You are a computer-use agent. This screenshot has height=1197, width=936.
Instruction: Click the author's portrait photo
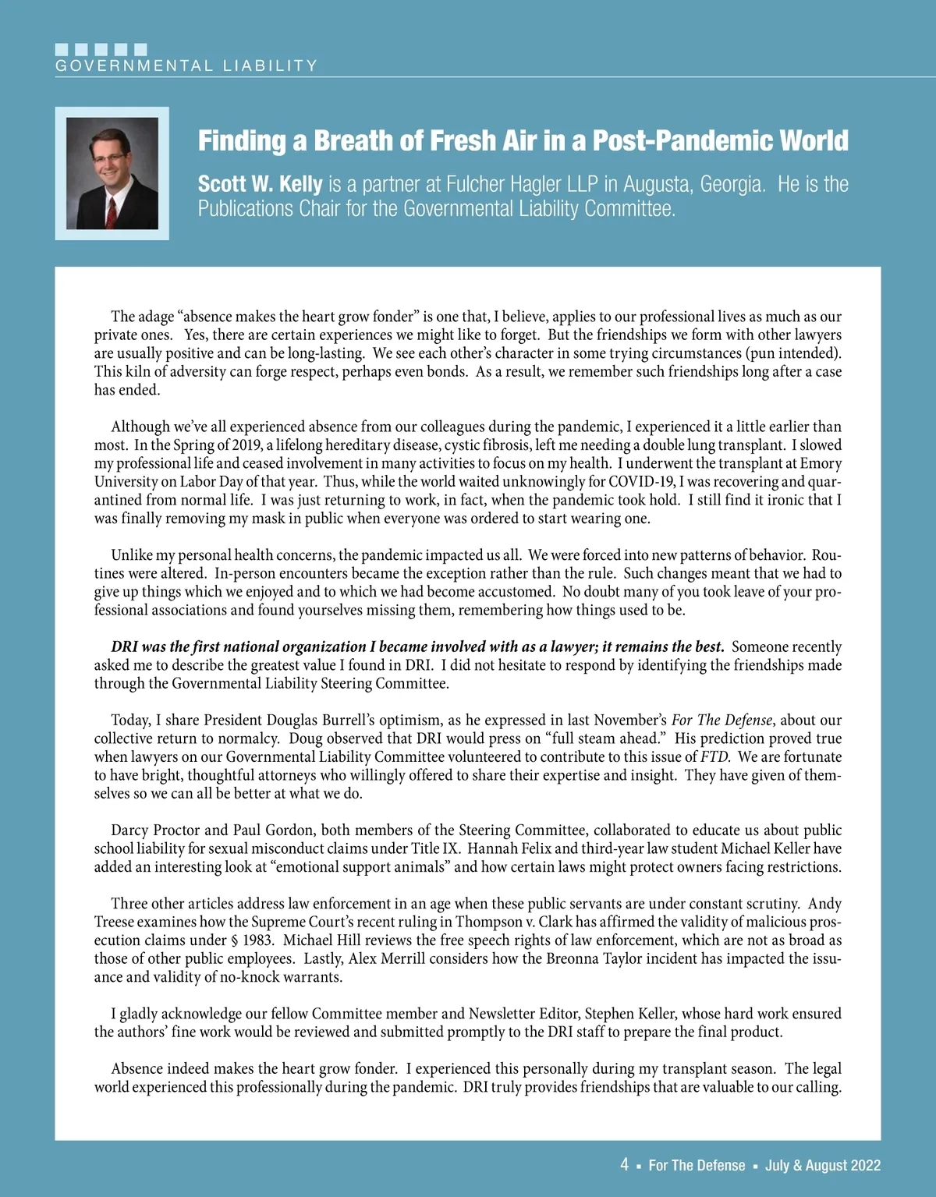click(112, 173)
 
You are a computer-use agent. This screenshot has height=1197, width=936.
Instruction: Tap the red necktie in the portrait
click(112, 211)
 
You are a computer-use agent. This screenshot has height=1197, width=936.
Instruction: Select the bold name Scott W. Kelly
click(260, 185)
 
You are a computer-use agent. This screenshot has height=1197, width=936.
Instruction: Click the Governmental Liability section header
click(186, 66)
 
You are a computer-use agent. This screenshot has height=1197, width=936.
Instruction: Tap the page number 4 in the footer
click(624, 1165)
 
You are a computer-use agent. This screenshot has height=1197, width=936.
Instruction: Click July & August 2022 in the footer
click(823, 1165)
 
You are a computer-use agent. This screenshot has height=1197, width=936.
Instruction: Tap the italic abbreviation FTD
click(715, 756)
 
